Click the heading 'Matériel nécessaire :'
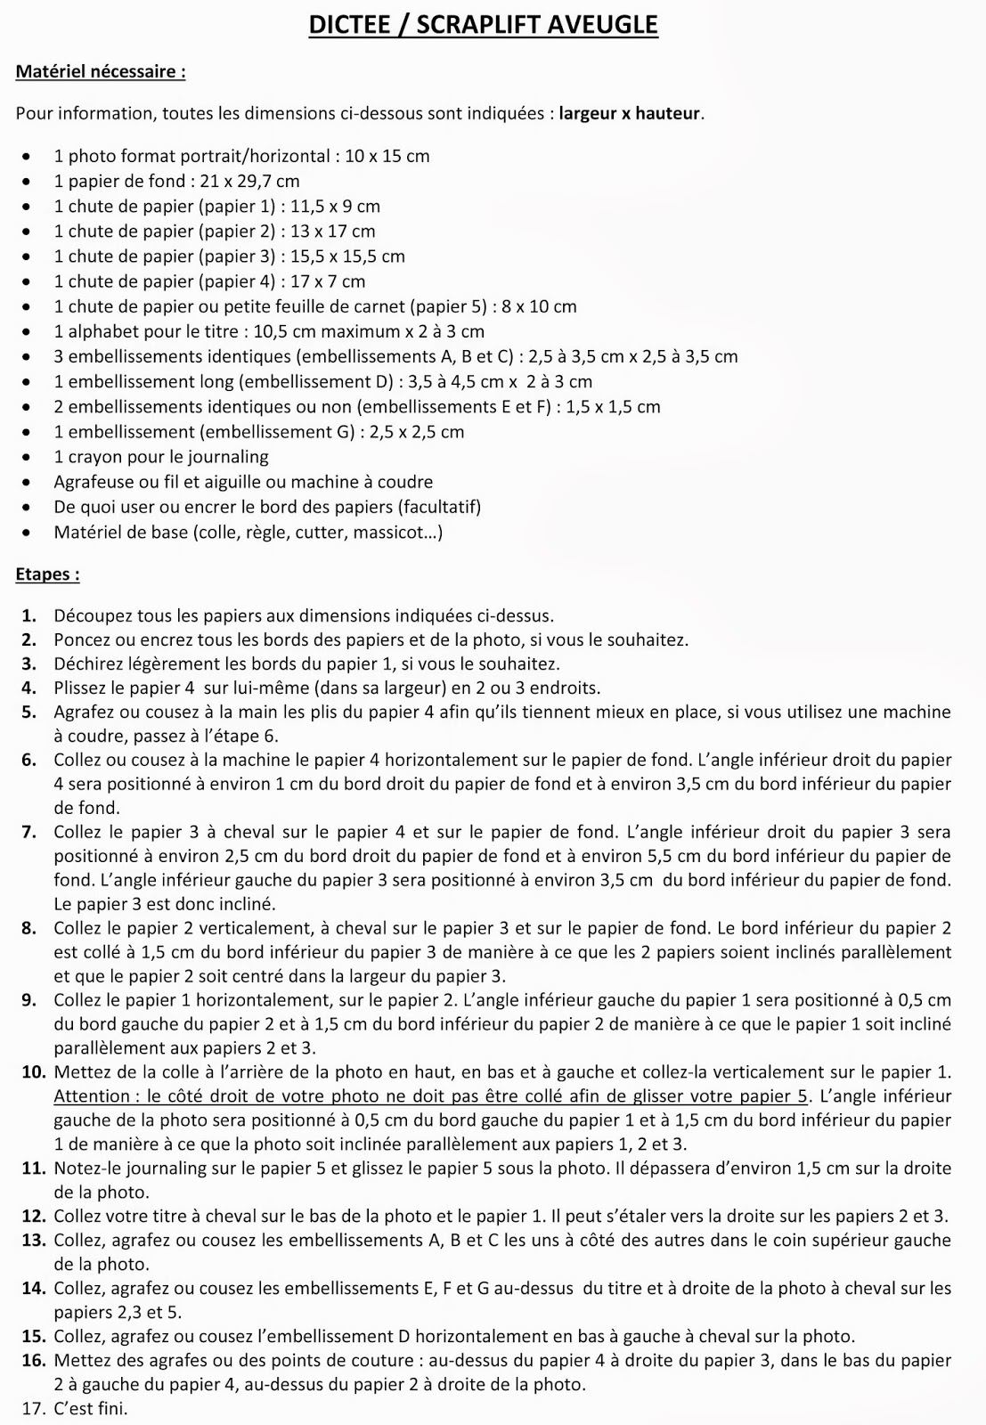tap(100, 72)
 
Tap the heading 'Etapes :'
tap(47, 574)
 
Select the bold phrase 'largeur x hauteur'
tap(630, 114)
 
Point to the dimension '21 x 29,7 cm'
tap(249, 182)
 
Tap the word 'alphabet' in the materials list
tap(98, 332)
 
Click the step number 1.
tap(29, 615)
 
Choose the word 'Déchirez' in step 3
tap(87, 664)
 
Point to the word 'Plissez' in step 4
tap(82, 688)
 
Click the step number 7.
tap(29, 833)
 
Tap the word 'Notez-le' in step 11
tap(87, 1168)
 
